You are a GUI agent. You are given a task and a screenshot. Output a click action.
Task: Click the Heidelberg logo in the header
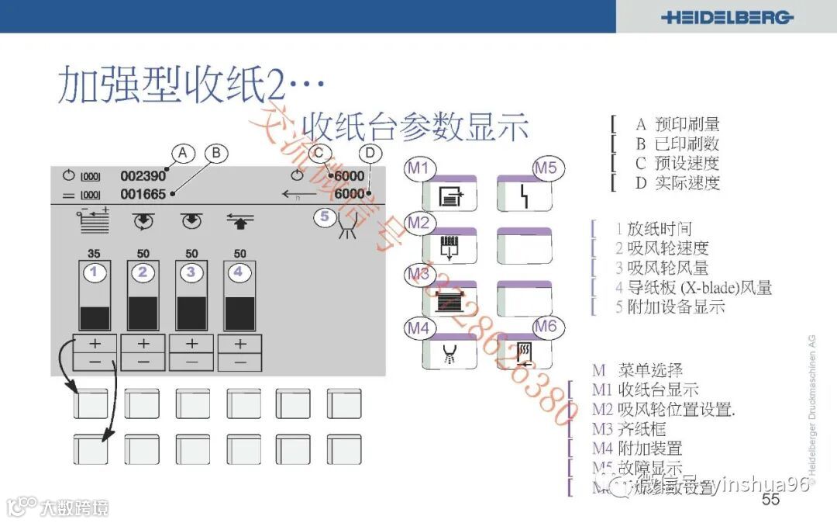tap(727, 17)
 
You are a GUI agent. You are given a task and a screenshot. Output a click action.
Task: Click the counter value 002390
tap(143, 176)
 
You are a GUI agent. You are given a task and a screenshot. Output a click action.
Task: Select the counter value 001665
tap(143, 194)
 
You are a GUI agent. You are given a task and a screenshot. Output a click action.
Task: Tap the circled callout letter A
tap(182, 153)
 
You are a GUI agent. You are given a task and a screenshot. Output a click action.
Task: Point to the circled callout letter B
tap(216, 153)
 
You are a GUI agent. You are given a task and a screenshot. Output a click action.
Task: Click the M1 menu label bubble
tap(420, 168)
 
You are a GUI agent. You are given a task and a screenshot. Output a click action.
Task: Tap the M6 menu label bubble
tap(546, 326)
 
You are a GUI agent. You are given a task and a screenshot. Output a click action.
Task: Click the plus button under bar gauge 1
tap(95, 343)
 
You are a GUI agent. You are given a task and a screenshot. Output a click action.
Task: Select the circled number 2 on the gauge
tap(143, 272)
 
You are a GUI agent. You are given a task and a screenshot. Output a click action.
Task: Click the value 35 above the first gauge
tap(95, 254)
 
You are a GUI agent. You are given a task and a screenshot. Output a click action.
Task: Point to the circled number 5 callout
tap(325, 216)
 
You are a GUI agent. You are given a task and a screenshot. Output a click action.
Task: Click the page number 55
tap(770, 499)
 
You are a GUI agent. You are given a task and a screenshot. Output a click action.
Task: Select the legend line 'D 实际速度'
tap(677, 183)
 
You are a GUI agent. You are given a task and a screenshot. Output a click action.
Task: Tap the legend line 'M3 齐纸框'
tap(629, 429)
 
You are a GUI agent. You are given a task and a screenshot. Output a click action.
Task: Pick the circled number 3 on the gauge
tap(191, 272)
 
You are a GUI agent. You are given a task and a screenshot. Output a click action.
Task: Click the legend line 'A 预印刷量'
tap(677, 124)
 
